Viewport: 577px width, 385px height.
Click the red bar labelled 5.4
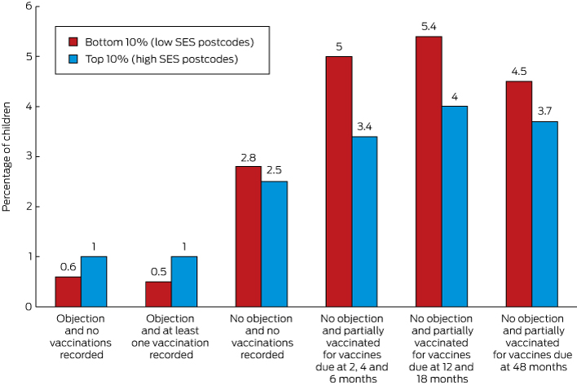(x=429, y=171)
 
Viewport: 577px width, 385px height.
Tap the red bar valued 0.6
(x=68, y=291)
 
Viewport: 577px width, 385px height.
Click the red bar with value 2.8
(x=248, y=236)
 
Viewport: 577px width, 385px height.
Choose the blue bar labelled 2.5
(x=275, y=243)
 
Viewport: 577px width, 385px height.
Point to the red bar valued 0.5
(x=157, y=294)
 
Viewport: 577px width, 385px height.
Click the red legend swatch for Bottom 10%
(x=73, y=40)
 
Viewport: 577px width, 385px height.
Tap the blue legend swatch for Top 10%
(x=73, y=59)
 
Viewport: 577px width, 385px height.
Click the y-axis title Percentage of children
(x=8, y=156)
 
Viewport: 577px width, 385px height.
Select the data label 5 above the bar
(x=338, y=46)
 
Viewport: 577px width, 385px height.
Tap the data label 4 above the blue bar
(x=455, y=96)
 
